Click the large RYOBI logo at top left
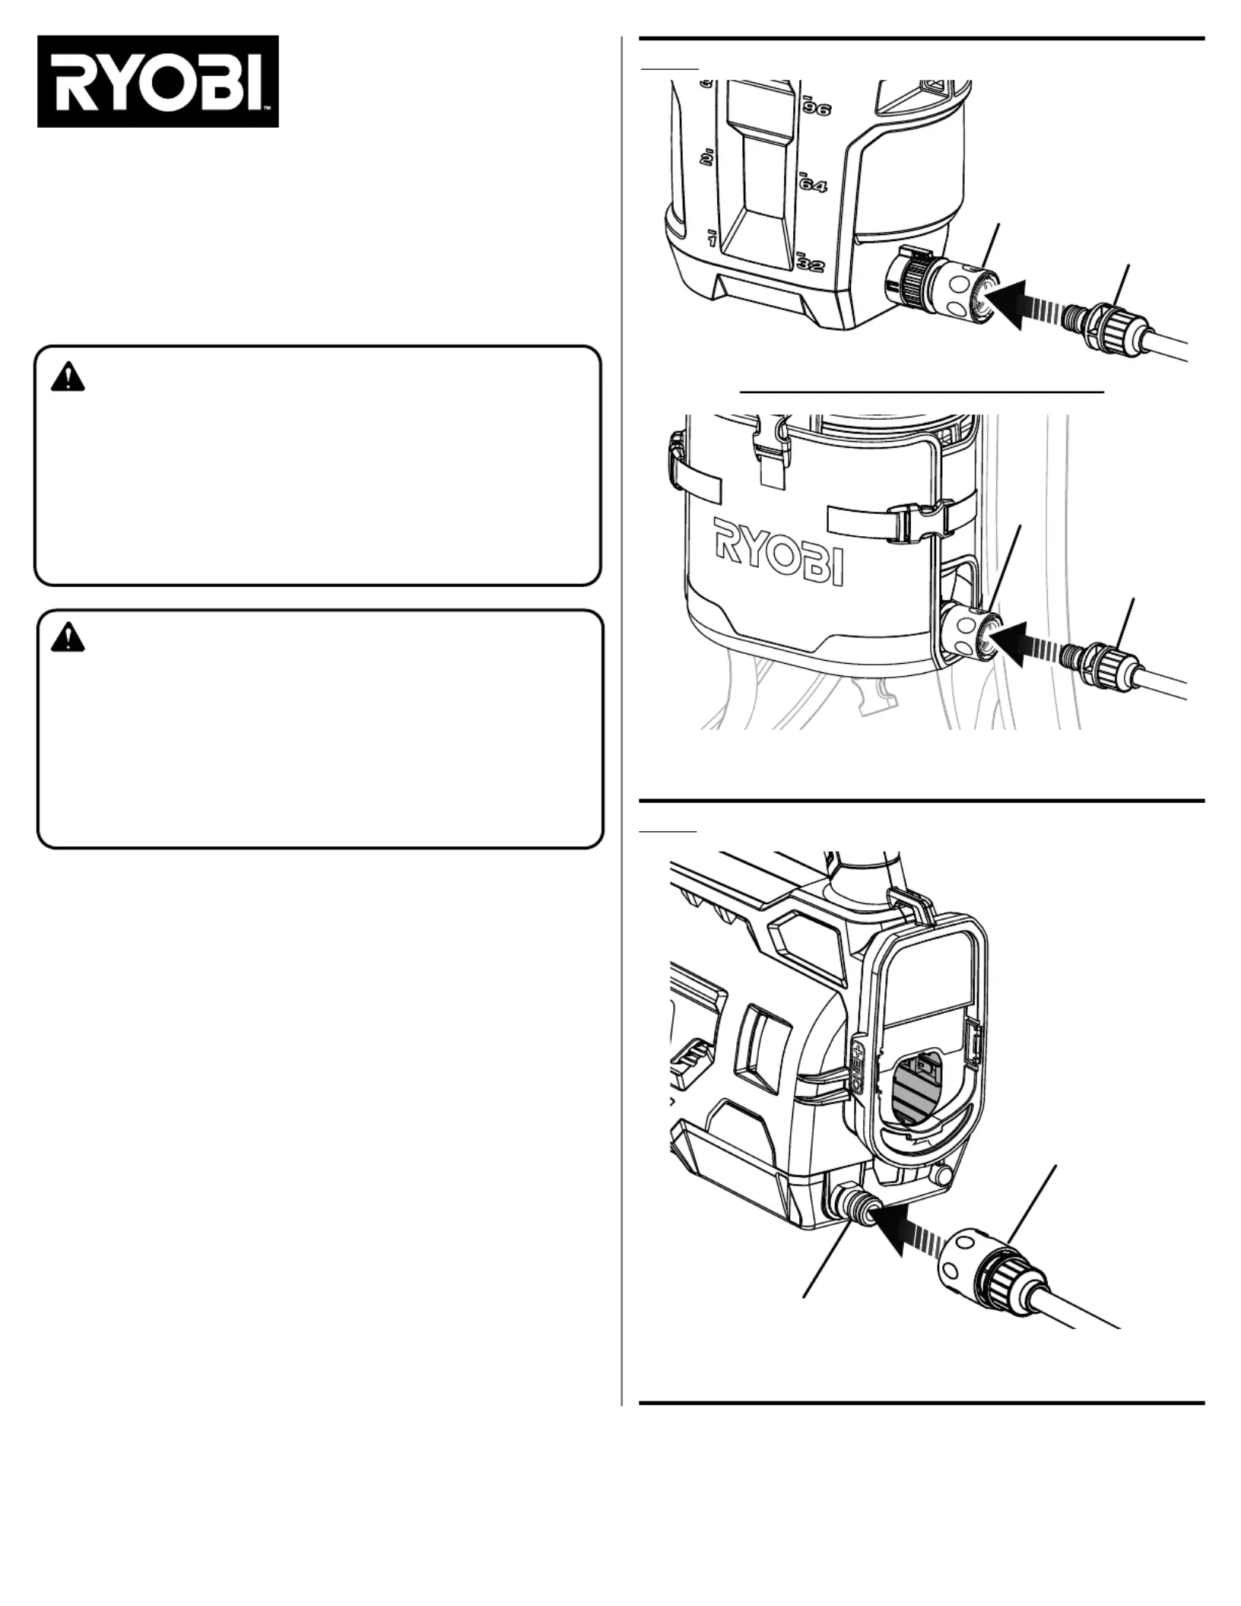158,81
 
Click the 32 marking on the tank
811,265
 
